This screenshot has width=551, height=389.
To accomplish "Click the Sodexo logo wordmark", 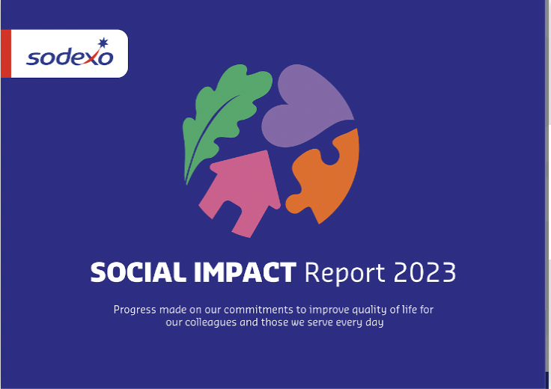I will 69,57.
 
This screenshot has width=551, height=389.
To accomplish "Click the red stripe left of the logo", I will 5,54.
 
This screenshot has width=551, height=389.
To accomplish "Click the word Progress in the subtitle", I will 135,310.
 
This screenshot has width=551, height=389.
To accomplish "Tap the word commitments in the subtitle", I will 261,310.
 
